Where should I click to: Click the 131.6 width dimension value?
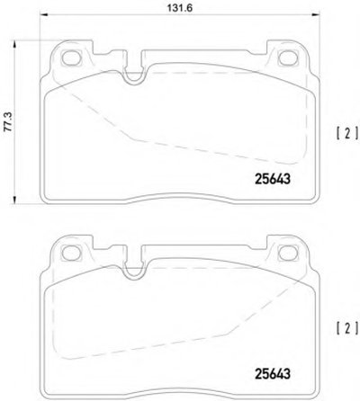pyautogui.click(x=180, y=8)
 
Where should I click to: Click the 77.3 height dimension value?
pyautogui.click(x=8, y=122)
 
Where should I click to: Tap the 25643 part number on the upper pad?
pyautogui.click(x=273, y=179)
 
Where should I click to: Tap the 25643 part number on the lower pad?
pyautogui.click(x=273, y=373)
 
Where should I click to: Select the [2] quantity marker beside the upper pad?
pyautogui.click(x=347, y=133)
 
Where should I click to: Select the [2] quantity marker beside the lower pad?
pyautogui.click(x=347, y=328)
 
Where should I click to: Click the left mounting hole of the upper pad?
pyautogui.click(x=71, y=58)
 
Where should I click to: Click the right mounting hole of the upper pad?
pyautogui.click(x=288, y=58)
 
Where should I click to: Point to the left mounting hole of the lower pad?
pyautogui.click(x=71, y=254)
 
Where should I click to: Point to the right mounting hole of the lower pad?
pyautogui.click(x=288, y=254)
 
